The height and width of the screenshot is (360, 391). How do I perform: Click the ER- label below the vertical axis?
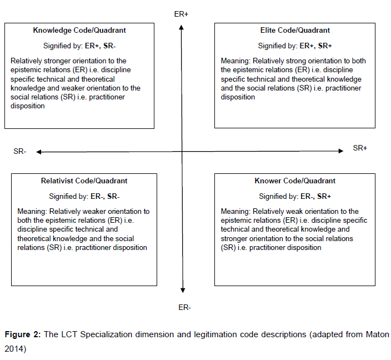(x=184, y=307)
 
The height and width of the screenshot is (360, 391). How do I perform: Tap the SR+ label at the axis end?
(x=360, y=148)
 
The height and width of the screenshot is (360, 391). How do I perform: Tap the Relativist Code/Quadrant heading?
(x=84, y=181)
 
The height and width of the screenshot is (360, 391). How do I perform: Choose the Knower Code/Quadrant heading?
(x=295, y=181)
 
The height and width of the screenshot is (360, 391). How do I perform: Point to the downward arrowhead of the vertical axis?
(x=183, y=289)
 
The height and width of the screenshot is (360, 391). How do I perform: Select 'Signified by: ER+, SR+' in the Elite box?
(x=295, y=46)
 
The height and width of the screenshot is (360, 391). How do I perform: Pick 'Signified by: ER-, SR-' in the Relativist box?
(x=84, y=196)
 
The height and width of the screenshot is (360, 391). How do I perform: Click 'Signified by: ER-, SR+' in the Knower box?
(x=295, y=196)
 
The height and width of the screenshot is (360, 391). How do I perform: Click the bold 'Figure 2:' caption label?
(x=23, y=335)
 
